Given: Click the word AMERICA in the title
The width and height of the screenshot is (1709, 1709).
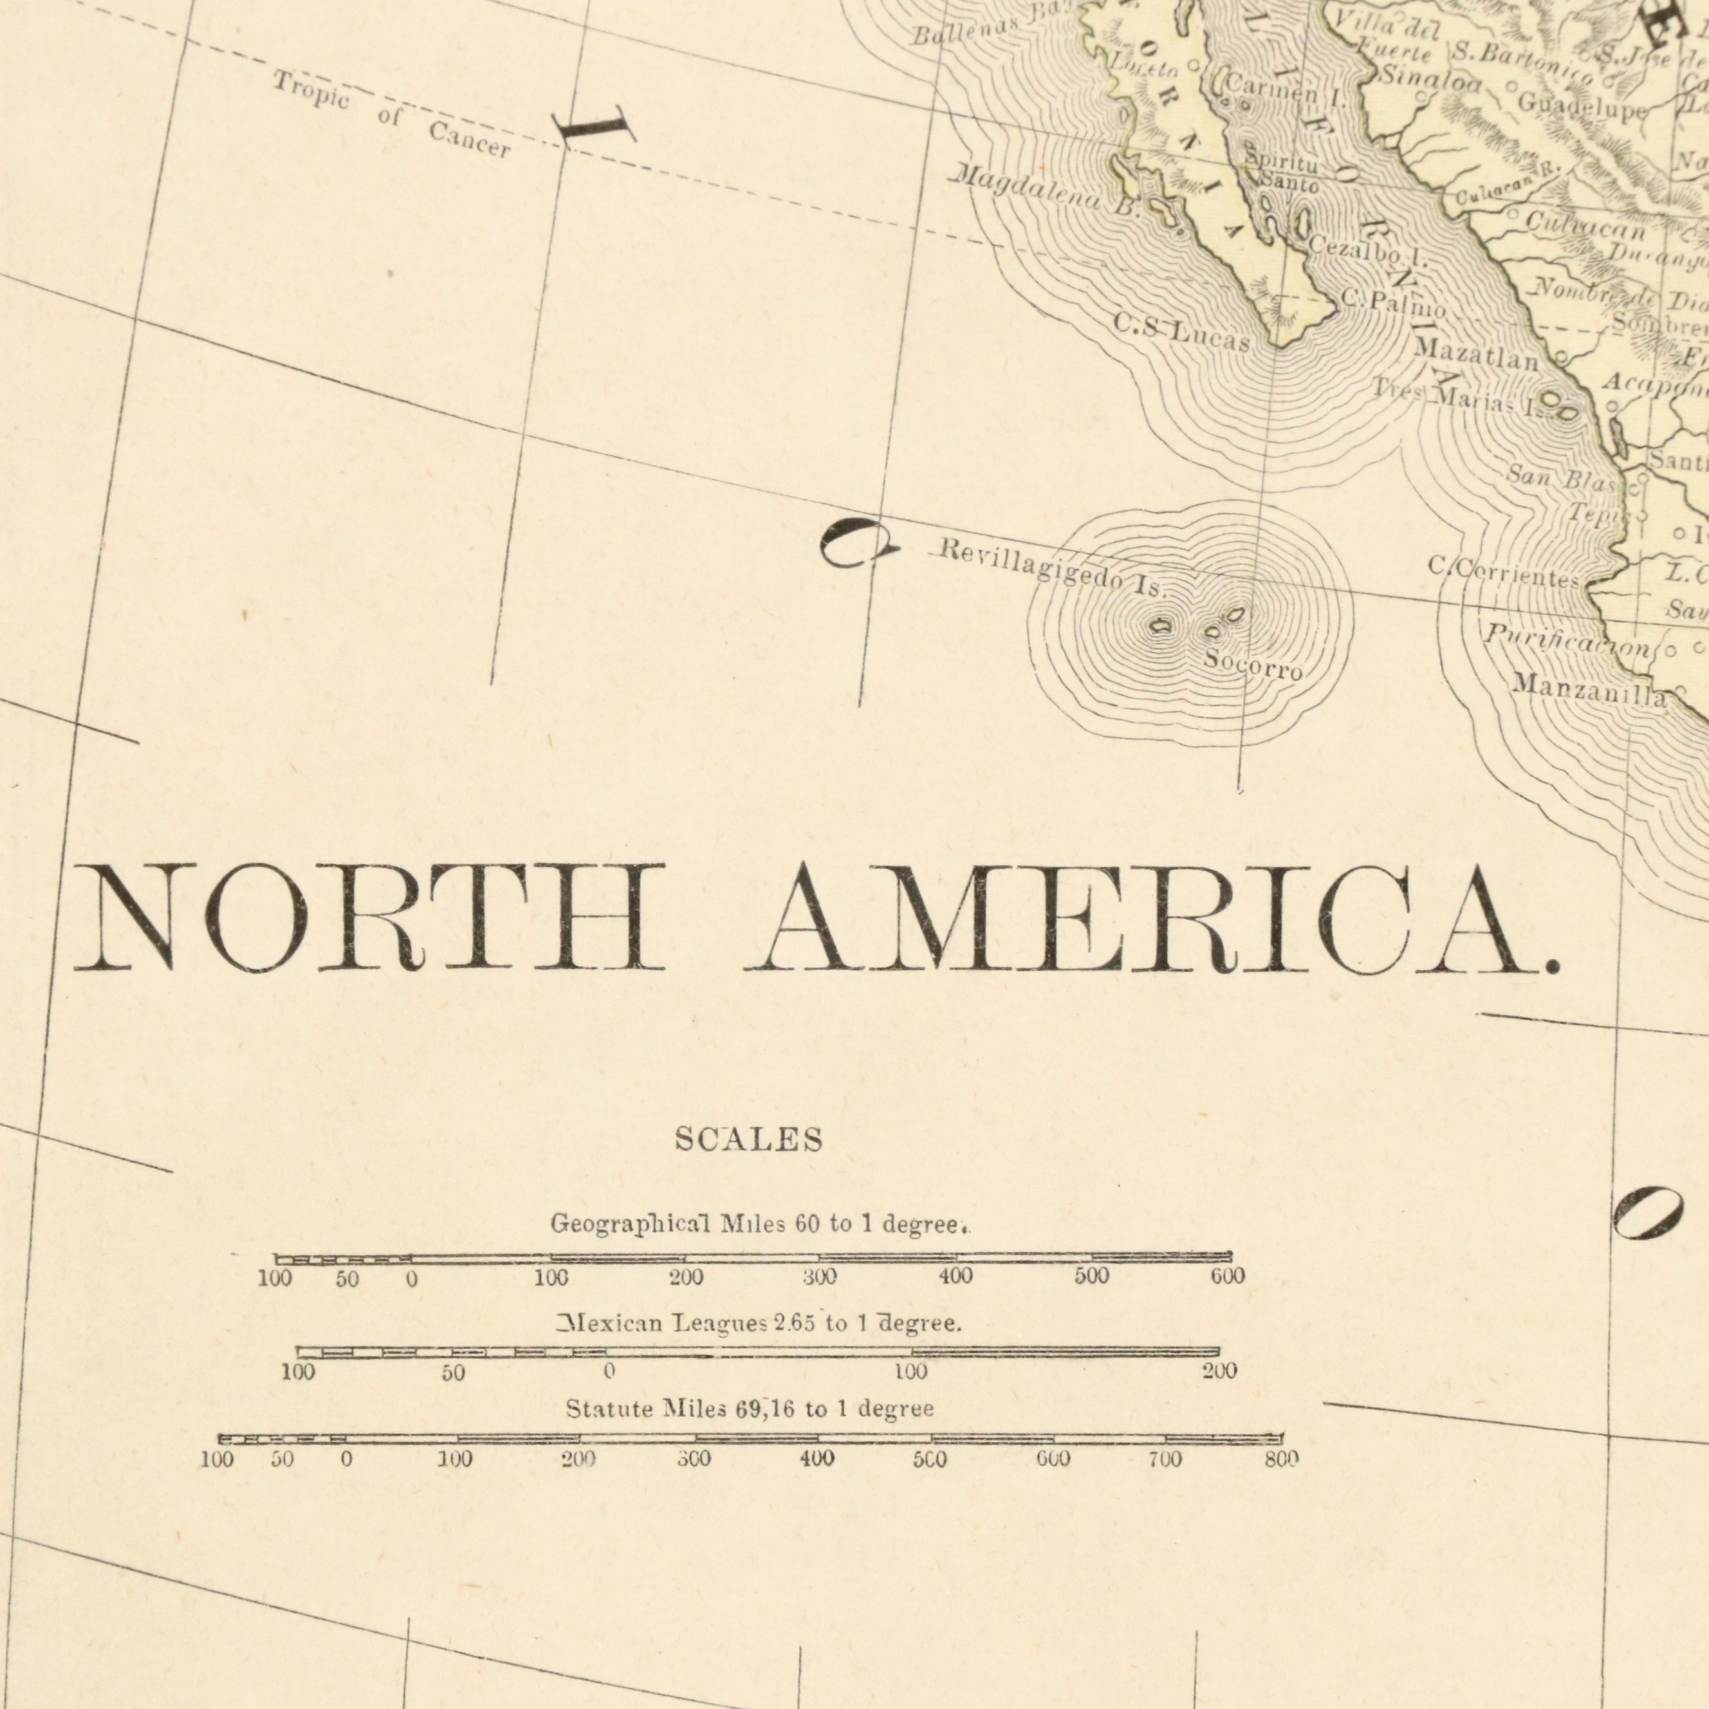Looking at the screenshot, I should (x=1150, y=920).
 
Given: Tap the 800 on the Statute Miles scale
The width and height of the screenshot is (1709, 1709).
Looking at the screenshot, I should (x=1282, y=1459).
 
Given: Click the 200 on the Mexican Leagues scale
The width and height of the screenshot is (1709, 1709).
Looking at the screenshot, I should (x=1219, y=1372).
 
